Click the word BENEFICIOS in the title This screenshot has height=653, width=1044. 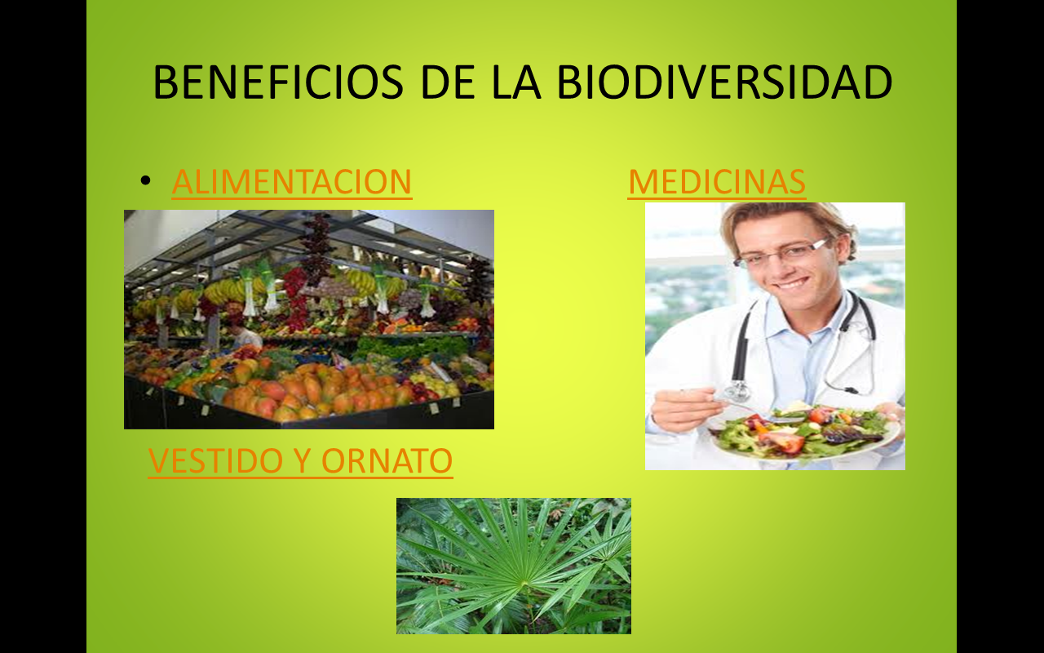[x=277, y=82]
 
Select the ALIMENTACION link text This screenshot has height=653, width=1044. [x=291, y=182]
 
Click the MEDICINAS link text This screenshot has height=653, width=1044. [x=716, y=182]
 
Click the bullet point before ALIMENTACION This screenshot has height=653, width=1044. [x=145, y=180]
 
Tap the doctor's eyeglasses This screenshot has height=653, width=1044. [x=781, y=252]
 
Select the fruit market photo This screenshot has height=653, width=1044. [x=308, y=319]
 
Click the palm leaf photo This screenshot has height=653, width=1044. [x=513, y=566]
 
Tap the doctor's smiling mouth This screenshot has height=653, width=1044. [x=790, y=283]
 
